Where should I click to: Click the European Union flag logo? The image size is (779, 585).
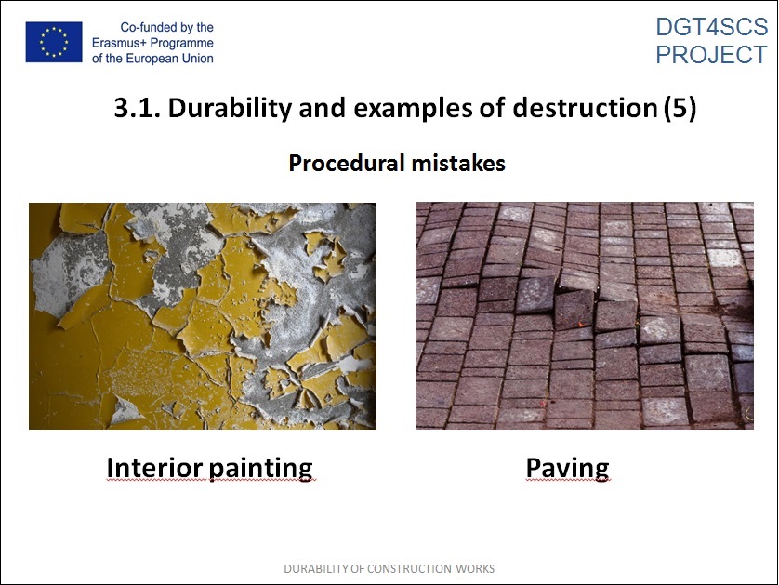(x=54, y=42)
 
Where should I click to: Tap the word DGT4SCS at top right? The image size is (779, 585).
(x=711, y=27)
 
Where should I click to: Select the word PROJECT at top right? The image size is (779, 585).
(x=711, y=54)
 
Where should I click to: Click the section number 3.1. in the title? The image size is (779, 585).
(x=138, y=108)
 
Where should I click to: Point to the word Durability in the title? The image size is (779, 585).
(x=230, y=109)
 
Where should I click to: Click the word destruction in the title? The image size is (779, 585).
(x=586, y=108)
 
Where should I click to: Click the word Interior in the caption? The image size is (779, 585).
(x=154, y=467)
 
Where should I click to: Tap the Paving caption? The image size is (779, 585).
(x=567, y=469)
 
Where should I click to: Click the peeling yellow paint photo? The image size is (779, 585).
(x=203, y=316)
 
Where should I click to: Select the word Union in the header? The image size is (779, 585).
(x=197, y=59)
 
